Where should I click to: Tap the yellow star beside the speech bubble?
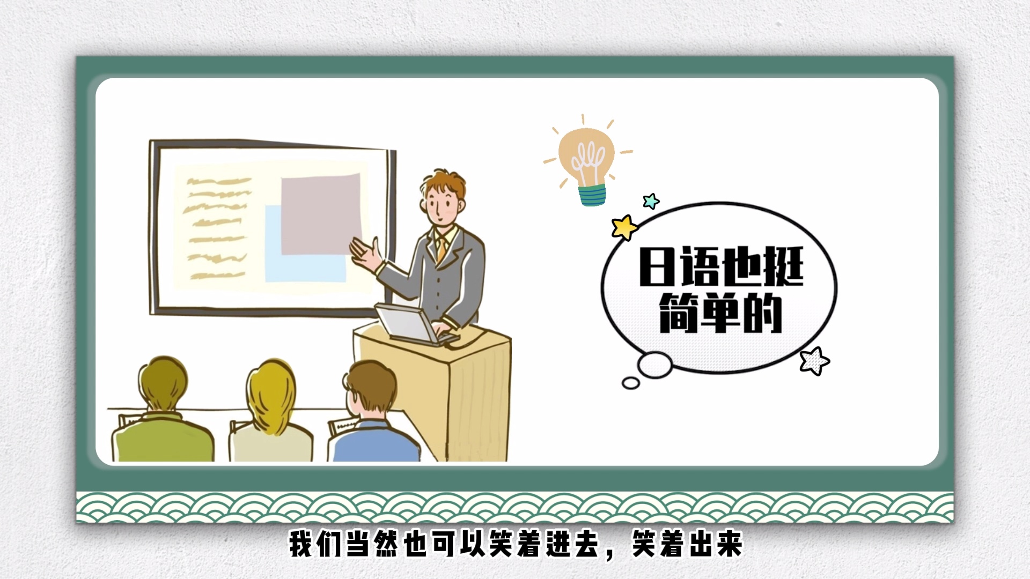pyautogui.click(x=624, y=227)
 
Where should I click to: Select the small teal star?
pyautogui.click(x=651, y=201)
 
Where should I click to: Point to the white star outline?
pyautogui.click(x=814, y=360)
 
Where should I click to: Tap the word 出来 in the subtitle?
pyautogui.click(x=715, y=544)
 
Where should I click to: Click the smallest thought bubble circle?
pyautogui.click(x=631, y=383)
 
